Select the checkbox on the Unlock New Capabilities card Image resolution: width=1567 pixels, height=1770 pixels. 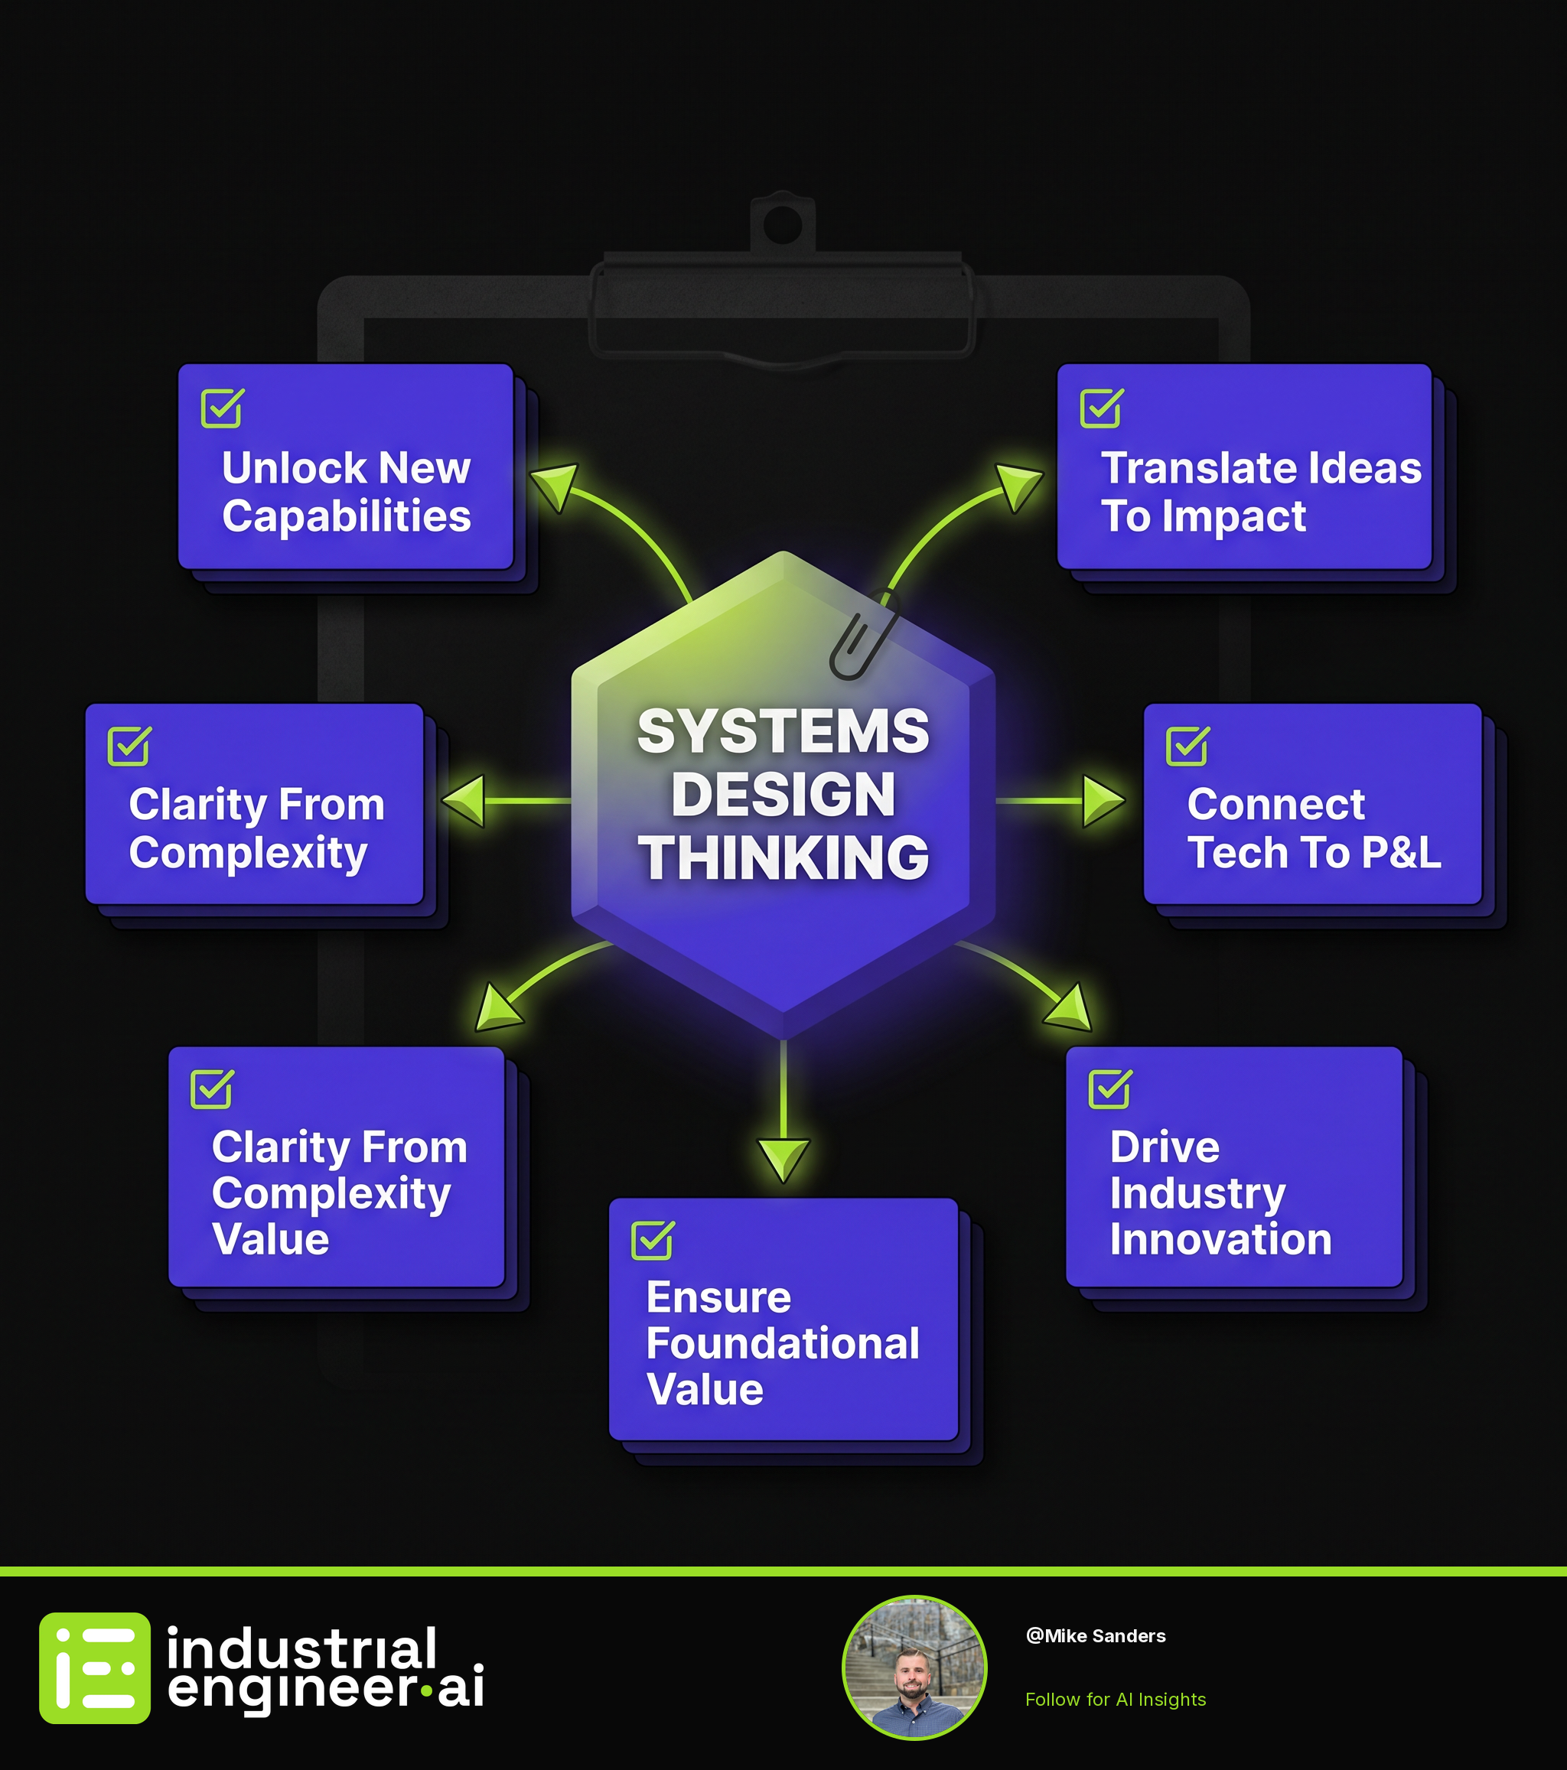(x=223, y=408)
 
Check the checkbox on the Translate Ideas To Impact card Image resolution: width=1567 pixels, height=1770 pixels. (x=1102, y=408)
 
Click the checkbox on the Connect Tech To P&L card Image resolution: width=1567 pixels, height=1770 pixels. (x=1187, y=746)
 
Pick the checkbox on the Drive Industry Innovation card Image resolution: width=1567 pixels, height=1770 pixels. (x=1110, y=1088)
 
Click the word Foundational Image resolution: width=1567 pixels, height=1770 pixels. (x=783, y=1343)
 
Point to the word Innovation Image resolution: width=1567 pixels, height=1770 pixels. (x=1221, y=1239)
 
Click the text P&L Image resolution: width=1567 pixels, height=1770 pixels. (x=1402, y=853)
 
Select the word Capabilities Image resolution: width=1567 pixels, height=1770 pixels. (x=347, y=517)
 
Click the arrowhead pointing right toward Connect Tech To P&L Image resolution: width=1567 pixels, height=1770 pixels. (x=1103, y=801)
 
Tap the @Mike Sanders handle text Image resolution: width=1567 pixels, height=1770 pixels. (x=1096, y=1636)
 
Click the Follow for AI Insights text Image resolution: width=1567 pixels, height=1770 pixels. (x=1116, y=1699)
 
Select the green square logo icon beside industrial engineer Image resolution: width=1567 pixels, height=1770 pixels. (x=94, y=1668)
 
